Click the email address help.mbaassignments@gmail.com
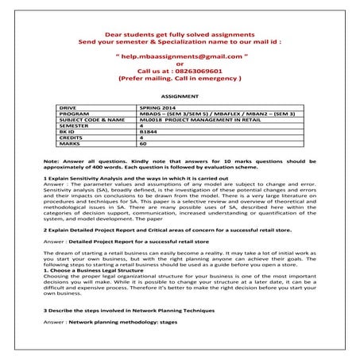tap(180, 58)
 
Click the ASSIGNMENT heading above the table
tap(180, 93)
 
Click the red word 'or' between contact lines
tap(180, 64)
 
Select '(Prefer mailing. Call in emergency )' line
tap(180, 78)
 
